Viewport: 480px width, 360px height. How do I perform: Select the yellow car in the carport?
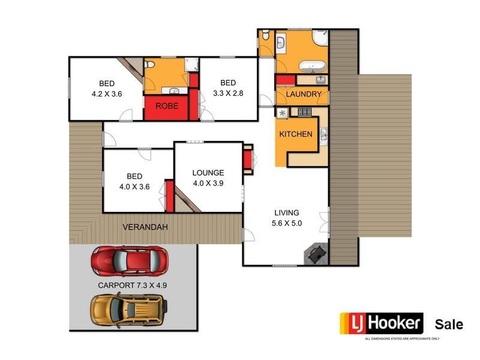(x=129, y=309)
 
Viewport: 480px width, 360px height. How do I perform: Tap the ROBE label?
(x=166, y=106)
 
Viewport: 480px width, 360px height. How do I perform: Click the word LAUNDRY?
(x=304, y=95)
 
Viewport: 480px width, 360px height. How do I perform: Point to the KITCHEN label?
(x=296, y=134)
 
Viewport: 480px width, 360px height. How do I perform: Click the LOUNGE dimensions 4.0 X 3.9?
(x=208, y=184)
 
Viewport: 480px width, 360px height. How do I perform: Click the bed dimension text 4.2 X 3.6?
(x=107, y=94)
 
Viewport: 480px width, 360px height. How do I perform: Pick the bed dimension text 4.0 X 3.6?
(x=134, y=187)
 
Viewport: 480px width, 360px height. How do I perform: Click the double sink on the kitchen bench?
(x=323, y=136)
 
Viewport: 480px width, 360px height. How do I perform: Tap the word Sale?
(x=449, y=325)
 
